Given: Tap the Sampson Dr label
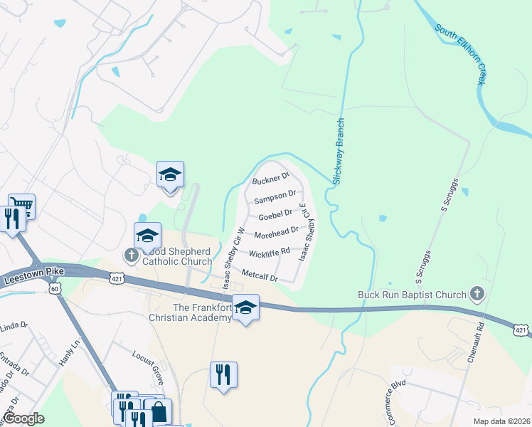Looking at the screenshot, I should [275, 195].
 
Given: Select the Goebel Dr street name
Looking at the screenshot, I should [275, 213].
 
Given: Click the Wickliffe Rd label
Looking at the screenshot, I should [269, 252].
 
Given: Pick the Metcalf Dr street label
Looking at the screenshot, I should [260, 275].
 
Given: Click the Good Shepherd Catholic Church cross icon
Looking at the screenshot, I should [131, 254].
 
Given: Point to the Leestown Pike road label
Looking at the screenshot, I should [33, 276].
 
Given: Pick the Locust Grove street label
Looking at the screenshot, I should [147, 362].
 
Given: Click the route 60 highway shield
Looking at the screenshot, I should [55, 288].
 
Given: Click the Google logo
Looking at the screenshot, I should [23, 418].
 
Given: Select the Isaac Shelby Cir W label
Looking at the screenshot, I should [233, 259].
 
